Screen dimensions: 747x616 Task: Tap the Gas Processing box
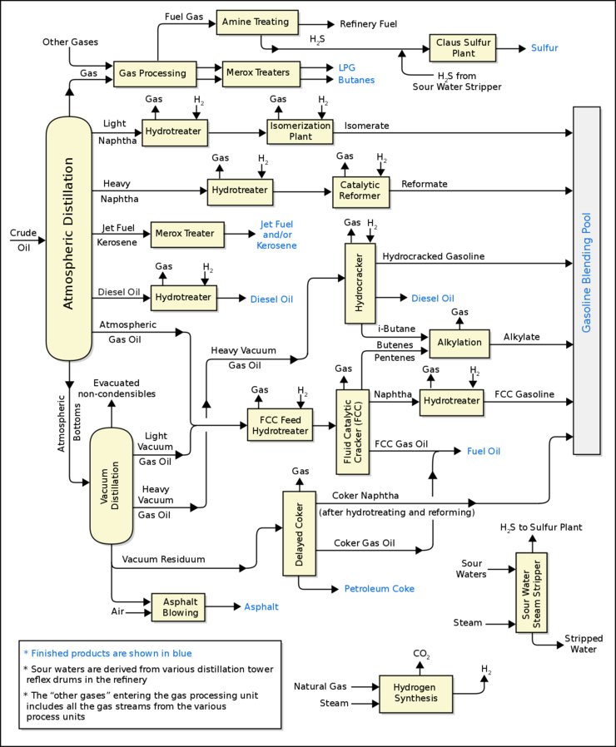155,73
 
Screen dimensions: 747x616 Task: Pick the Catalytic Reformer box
360,190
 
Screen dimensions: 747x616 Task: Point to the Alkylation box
460,343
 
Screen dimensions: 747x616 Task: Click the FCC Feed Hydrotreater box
279,424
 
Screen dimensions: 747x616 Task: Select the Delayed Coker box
299,532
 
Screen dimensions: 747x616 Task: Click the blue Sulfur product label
544,48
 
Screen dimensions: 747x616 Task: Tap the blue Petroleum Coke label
379,589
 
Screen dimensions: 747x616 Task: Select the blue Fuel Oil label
484,451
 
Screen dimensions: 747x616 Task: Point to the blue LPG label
345,67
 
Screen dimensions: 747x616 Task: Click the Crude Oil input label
23,240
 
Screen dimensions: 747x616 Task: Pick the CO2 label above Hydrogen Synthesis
422,655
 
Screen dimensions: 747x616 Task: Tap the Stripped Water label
584,644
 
